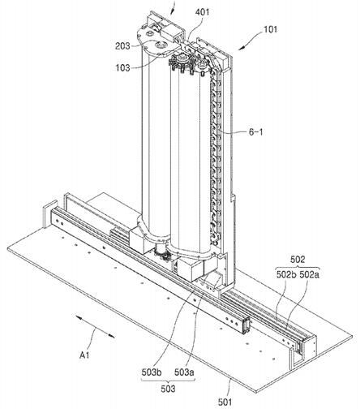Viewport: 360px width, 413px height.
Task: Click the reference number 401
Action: tap(202, 12)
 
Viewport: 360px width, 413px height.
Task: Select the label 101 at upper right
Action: tap(270, 29)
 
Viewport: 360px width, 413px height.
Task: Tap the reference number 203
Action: tap(122, 46)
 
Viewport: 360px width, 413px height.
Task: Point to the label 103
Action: tap(123, 67)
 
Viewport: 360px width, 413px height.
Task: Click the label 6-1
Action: tap(255, 132)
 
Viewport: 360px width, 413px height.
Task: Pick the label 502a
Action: tap(309, 275)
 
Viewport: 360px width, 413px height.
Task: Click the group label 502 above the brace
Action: tap(298, 260)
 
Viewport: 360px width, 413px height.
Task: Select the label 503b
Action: tap(152, 372)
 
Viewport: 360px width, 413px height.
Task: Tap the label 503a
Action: tap(184, 372)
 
